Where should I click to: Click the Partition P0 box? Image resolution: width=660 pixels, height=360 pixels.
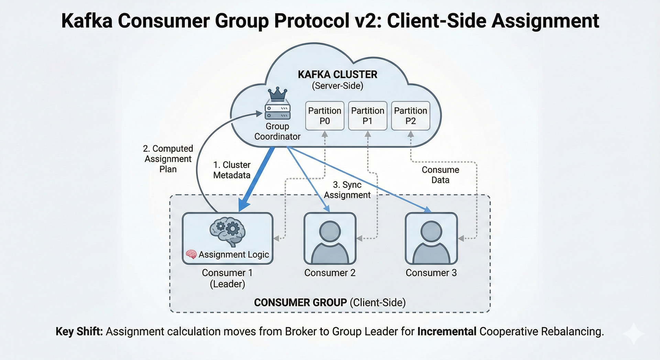[324, 116]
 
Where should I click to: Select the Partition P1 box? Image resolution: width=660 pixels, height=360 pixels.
[367, 116]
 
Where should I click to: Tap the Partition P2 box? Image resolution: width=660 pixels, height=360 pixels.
[410, 116]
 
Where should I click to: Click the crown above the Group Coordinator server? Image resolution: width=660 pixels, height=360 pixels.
[277, 94]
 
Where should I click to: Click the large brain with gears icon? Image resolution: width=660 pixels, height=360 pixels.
[227, 231]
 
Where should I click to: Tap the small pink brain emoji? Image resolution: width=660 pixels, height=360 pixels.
[191, 254]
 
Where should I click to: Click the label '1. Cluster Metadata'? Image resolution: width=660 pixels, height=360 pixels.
[232, 170]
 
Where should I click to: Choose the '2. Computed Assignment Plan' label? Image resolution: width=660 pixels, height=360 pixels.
[168, 159]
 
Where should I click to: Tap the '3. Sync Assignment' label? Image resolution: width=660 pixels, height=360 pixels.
[347, 190]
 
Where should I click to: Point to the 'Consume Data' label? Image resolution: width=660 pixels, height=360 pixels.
[440, 175]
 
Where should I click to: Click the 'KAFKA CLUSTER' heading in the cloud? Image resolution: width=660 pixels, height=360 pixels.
[337, 75]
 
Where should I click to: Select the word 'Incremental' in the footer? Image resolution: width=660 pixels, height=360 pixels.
[447, 331]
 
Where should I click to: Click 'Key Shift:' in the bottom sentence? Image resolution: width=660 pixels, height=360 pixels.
[79, 331]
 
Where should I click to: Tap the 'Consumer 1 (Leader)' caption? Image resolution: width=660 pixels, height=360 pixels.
[227, 278]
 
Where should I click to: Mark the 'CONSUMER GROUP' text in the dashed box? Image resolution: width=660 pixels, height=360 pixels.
[300, 303]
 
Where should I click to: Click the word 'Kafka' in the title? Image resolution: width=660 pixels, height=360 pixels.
[87, 21]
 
